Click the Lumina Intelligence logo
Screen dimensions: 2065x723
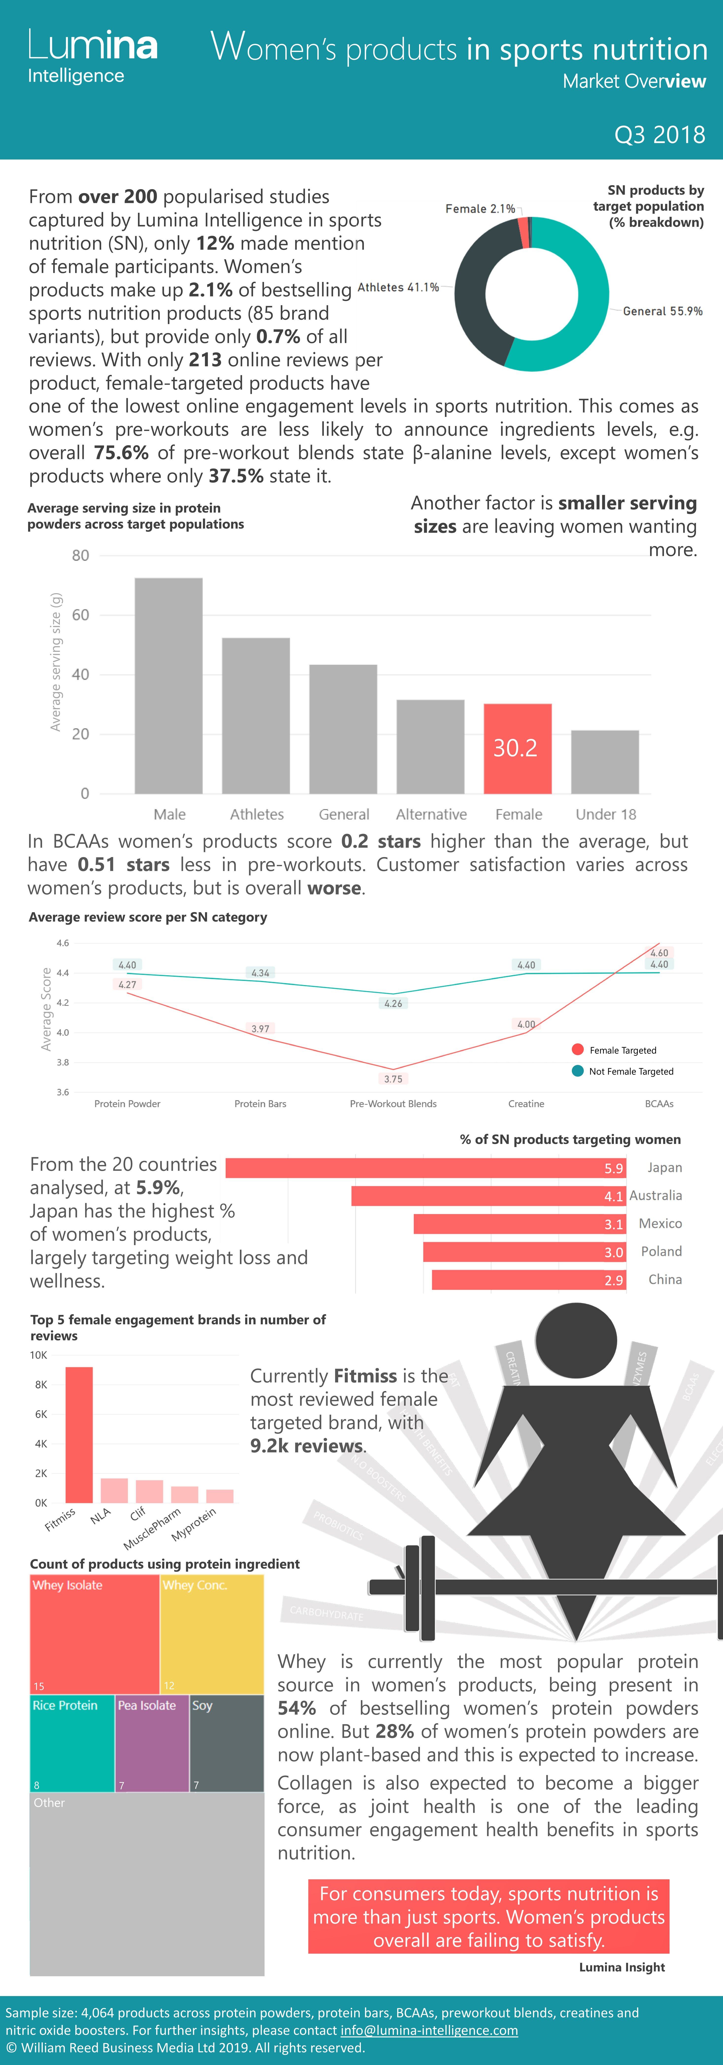[x=92, y=56]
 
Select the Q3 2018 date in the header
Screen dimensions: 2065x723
[x=659, y=135]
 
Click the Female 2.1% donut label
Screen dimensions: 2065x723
[x=480, y=209]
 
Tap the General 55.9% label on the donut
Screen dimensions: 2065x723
[x=662, y=311]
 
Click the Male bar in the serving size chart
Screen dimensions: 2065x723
[x=168, y=685]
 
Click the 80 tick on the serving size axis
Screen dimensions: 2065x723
[x=80, y=555]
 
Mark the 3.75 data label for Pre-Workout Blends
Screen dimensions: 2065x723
[x=393, y=1079]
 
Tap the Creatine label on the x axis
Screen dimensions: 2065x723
[x=526, y=1104]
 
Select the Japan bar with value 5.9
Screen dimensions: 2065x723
[x=425, y=1168]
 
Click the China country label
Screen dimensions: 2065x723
[x=664, y=1279]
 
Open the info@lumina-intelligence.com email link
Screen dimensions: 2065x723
[x=429, y=2031]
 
